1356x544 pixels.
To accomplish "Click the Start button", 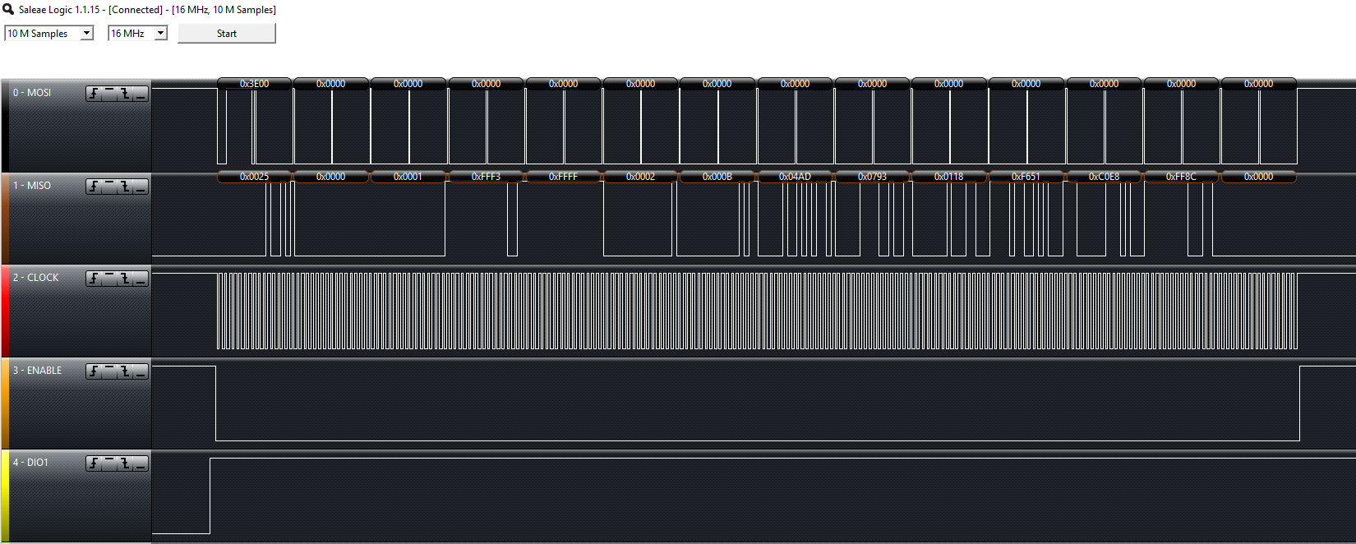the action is point(226,34).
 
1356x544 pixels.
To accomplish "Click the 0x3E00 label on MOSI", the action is point(254,84).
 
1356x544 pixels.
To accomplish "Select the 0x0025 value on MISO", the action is point(254,177).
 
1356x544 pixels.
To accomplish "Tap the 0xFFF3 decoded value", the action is point(486,177).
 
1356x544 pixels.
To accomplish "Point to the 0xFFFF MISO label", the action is point(563,177).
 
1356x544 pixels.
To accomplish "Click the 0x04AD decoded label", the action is point(795,177).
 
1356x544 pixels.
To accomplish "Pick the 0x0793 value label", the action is point(872,177).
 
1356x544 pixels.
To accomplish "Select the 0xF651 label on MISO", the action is point(1026,177).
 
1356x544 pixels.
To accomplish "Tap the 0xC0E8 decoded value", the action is point(1104,177).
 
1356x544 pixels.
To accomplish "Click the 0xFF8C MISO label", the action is point(1181,177).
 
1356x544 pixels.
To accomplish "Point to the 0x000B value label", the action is point(717,177).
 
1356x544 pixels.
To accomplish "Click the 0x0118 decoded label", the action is point(948,177).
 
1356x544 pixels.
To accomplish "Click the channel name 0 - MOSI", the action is point(32,93).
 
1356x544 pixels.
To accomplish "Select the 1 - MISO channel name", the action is point(32,186).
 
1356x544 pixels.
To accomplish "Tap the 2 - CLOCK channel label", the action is point(35,278).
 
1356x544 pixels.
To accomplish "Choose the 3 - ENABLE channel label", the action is point(37,371).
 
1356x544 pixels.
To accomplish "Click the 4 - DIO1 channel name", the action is point(30,463).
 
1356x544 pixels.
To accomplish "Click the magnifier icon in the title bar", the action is point(8,9).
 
